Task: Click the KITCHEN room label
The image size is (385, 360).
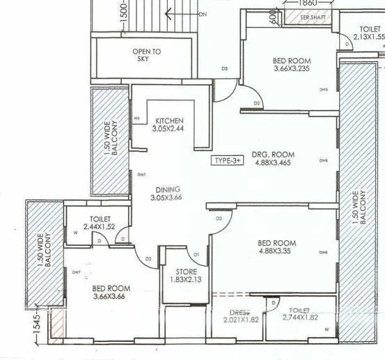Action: point(169,120)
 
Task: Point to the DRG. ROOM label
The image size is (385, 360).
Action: point(273,154)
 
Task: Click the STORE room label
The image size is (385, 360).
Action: point(186,272)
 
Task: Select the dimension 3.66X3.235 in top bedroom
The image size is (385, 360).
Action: point(291,70)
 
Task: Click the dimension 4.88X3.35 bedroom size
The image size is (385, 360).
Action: point(276,251)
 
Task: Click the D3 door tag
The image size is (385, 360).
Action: point(225,68)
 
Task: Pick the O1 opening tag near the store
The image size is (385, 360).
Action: point(196,254)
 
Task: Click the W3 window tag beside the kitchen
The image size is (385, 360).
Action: point(137,118)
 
